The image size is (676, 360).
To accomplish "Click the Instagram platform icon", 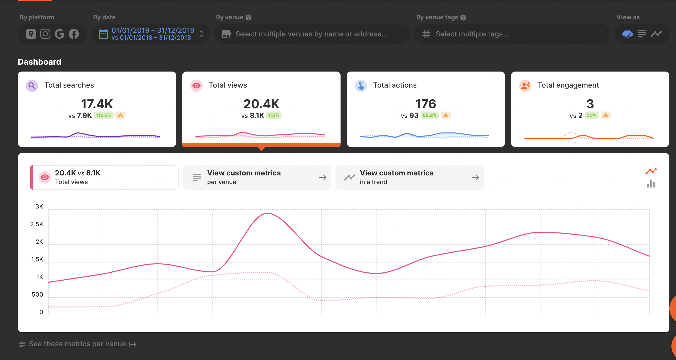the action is pyautogui.click(x=45, y=34).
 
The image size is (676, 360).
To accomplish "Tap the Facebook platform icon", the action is pyautogui.click(x=74, y=34).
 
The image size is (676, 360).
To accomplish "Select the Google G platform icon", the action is pyautogui.click(x=60, y=34).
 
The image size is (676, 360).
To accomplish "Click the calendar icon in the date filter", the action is pyautogui.click(x=103, y=34).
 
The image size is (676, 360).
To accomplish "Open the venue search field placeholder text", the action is pyautogui.click(x=311, y=34).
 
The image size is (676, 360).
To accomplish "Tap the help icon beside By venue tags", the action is pyautogui.click(x=463, y=18).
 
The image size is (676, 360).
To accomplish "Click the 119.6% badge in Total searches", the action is pyautogui.click(x=104, y=115).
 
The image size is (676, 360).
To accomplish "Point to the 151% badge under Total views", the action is pyautogui.click(x=274, y=115).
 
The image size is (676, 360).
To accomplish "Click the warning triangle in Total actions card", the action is pyautogui.click(x=446, y=115).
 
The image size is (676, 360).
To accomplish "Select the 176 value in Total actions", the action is pyautogui.click(x=426, y=104).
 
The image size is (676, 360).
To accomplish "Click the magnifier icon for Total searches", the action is pyautogui.click(x=32, y=86).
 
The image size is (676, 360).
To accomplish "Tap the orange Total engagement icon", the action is pyautogui.click(x=525, y=86).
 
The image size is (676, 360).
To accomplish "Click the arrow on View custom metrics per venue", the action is pyautogui.click(x=322, y=178).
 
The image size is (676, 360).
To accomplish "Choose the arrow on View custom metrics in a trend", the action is pyautogui.click(x=475, y=178).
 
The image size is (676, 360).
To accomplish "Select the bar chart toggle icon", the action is pyautogui.click(x=651, y=184).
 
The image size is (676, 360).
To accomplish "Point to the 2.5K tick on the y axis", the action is pyautogui.click(x=36, y=224).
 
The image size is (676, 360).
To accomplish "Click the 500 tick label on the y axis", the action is pyautogui.click(x=37, y=295).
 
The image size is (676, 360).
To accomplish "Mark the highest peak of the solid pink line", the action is pyautogui.click(x=267, y=213).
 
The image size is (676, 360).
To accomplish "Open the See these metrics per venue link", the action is pyautogui.click(x=77, y=344).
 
